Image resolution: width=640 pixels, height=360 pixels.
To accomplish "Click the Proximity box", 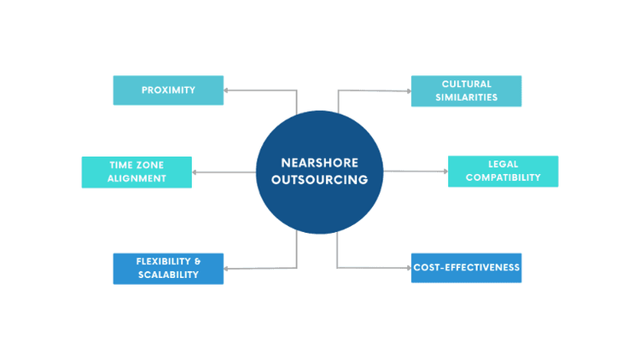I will coord(168,90).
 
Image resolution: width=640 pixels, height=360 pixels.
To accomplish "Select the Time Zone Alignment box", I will coord(137,171).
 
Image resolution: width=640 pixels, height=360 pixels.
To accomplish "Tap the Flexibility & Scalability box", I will coord(168,268).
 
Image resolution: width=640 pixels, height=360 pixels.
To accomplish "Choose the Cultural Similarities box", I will coord(466,90).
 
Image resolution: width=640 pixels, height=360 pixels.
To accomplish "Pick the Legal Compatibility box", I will coord(503,171).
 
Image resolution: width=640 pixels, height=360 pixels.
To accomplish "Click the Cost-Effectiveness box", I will coord(466,268).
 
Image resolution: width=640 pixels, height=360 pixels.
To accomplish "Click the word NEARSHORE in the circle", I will coord(320,163).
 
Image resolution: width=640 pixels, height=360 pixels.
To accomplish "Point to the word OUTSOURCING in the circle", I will coord(320,180).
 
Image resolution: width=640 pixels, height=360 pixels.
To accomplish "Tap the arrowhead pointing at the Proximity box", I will coord(228,89).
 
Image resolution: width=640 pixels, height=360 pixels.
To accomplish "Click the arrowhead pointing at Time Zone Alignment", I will coord(196,171).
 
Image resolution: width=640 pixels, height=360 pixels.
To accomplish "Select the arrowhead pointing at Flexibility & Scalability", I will coord(228,269).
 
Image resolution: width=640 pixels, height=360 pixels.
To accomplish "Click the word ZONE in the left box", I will coord(150,165).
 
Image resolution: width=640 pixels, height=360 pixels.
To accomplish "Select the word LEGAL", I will coord(503,164).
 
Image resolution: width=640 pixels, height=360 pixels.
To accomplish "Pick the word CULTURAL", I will coord(466,84).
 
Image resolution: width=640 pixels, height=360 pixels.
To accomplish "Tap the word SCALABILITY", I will coord(168,275).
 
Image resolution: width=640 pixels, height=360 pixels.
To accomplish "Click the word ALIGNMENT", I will coord(137,178).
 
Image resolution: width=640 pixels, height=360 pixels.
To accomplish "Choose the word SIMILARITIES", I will coord(466,97).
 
